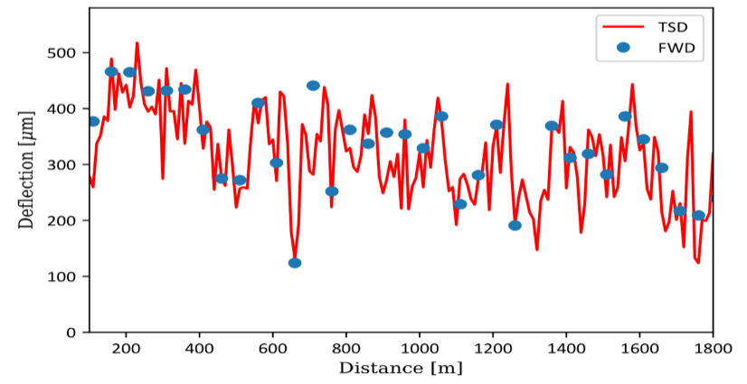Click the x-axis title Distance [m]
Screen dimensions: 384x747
[x=402, y=368]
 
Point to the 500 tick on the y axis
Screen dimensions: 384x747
[x=68, y=53]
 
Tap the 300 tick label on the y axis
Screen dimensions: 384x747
[x=68, y=165]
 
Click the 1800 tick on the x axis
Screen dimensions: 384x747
[x=712, y=347]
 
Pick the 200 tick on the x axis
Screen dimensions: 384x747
[x=126, y=347]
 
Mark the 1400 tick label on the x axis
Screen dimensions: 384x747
[x=565, y=347]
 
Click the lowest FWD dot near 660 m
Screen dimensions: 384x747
[x=295, y=263]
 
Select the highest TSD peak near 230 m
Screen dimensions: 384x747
[x=137, y=42]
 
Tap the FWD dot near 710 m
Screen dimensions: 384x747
[x=313, y=86]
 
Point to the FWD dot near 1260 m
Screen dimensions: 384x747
[x=515, y=226]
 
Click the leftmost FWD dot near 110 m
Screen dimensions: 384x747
[x=93, y=121]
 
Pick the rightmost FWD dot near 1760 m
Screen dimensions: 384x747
[x=698, y=215]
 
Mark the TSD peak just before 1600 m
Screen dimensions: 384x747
[x=632, y=84]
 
